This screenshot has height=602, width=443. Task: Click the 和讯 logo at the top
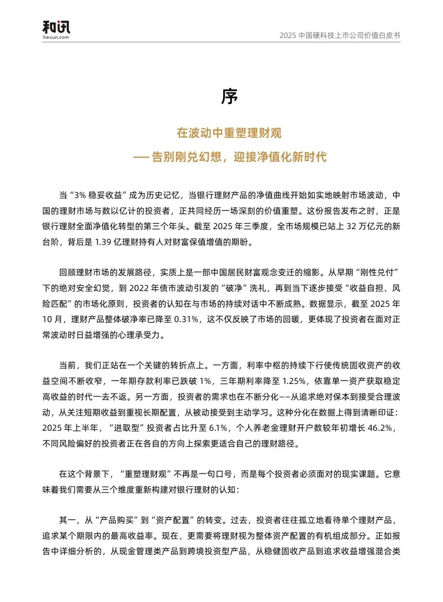coord(56,27)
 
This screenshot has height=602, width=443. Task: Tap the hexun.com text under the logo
coord(56,37)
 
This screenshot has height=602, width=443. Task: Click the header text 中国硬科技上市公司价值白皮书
coord(349,35)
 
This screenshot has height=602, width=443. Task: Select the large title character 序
coord(229,97)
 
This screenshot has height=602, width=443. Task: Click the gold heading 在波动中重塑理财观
coord(229,133)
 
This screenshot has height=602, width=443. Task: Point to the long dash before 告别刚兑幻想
coord(141,157)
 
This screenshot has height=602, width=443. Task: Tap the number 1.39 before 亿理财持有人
coord(103,242)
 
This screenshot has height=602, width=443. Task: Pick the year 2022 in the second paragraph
coord(139,288)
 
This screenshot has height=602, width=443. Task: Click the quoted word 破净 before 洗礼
coord(235,288)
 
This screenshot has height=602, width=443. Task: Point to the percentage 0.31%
coord(186,319)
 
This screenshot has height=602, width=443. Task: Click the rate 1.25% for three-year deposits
coord(294,381)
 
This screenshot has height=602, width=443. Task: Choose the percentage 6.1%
coord(218,428)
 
